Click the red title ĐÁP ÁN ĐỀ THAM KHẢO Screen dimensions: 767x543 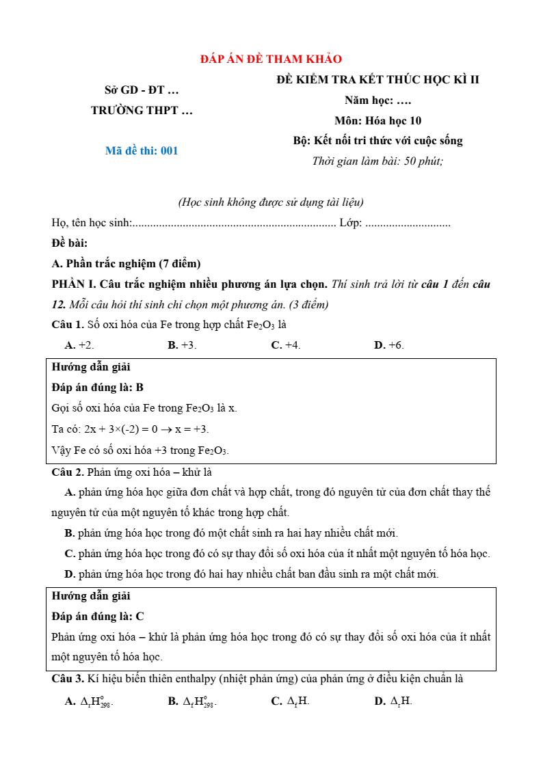271,59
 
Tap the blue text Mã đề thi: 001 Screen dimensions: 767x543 142,151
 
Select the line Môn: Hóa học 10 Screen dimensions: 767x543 378,121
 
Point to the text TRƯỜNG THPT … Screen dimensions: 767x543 142,110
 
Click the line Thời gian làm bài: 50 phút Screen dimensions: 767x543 378,162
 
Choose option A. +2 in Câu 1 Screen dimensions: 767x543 79,345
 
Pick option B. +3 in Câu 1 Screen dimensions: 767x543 182,345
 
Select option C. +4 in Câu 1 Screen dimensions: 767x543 286,345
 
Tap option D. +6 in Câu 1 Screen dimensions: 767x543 388,345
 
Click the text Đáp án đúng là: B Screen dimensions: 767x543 98,388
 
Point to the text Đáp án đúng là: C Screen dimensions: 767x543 98,617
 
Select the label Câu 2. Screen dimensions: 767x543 68,472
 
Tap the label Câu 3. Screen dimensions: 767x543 68,679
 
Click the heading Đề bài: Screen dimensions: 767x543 70,243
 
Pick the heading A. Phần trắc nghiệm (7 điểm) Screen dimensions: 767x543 126,264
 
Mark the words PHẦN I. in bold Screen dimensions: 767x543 75,284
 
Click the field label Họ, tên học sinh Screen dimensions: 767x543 90,223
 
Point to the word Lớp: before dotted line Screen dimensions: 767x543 350,223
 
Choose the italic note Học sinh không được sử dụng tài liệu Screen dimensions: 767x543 271,202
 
